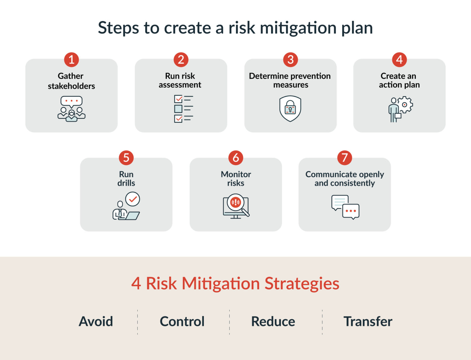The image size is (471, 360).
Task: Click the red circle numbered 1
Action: (x=71, y=59)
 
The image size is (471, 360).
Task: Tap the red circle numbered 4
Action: (x=399, y=59)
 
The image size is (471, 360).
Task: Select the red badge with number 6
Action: (x=235, y=158)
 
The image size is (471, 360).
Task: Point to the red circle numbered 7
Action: (x=344, y=158)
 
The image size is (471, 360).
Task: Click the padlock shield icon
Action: (x=290, y=109)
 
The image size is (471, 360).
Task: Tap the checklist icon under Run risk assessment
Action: (x=183, y=109)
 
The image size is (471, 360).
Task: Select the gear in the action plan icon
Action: (x=405, y=105)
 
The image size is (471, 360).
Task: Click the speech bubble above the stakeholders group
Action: (x=71, y=101)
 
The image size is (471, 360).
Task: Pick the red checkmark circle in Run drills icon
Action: (x=133, y=199)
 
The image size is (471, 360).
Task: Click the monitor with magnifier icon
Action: (x=235, y=206)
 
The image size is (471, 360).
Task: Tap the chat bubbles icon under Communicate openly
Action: (x=345, y=207)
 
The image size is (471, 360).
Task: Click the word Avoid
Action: (x=96, y=321)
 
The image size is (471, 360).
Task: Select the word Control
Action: (x=182, y=321)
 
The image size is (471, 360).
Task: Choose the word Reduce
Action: (x=273, y=321)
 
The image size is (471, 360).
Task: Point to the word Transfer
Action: (x=368, y=321)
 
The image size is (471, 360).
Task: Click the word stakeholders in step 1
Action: (x=71, y=86)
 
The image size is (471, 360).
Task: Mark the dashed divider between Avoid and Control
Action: (x=137, y=322)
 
